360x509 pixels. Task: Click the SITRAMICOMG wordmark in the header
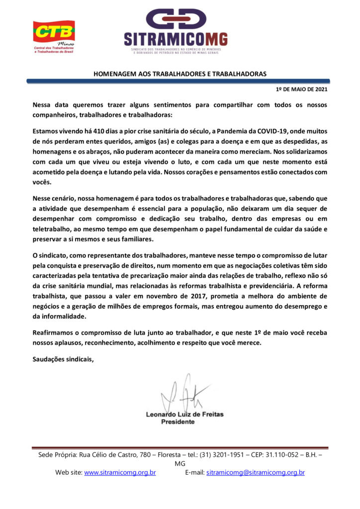tap(176, 39)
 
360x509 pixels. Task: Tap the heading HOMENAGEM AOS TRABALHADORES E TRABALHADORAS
tap(180, 74)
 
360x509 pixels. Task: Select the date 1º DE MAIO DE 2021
tap(301, 89)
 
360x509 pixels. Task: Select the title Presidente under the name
tap(178, 422)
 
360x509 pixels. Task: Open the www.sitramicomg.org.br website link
tap(120, 473)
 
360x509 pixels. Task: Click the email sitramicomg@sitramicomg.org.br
tap(255, 473)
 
